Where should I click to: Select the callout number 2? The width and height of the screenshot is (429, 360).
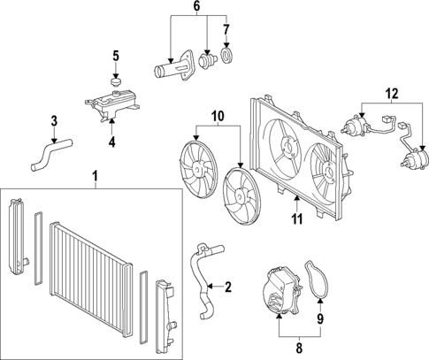click(227, 287)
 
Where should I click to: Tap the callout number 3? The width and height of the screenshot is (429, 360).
click(54, 120)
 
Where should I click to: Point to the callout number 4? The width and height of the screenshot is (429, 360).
click(111, 142)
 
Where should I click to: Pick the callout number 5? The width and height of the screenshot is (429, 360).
click(114, 57)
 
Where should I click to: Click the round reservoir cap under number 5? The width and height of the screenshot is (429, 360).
click(114, 82)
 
